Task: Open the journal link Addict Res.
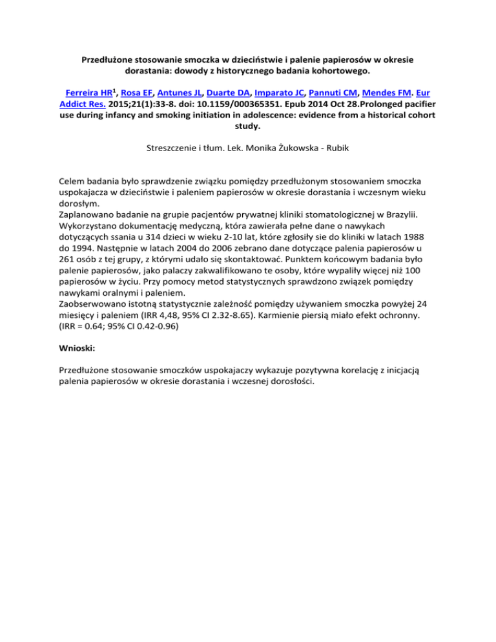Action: [84, 106]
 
